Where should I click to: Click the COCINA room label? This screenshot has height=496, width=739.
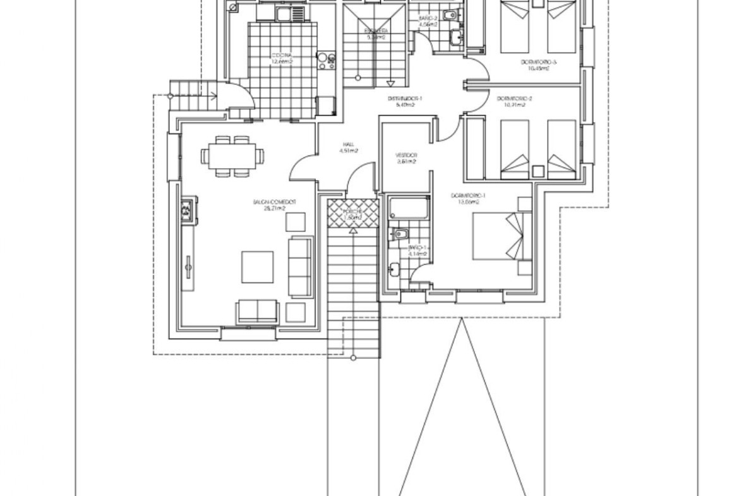coord(282,55)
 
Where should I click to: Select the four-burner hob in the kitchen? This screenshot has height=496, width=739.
coord(327,60)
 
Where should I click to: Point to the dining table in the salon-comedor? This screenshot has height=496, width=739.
coord(229,155)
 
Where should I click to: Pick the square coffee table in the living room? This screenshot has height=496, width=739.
coord(258,267)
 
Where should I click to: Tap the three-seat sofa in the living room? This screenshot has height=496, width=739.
coord(301,267)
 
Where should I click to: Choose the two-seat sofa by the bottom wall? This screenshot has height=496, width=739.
coord(257,312)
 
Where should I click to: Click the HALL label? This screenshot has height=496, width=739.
coord(348,144)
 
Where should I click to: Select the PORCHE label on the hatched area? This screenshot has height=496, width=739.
coord(352,211)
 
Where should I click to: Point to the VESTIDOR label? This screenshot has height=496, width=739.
coord(406,155)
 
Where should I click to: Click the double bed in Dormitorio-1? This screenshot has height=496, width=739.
coord(502,235)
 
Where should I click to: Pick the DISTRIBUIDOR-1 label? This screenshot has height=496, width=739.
coord(404,99)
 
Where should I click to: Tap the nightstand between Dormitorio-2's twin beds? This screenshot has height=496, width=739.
coord(538,171)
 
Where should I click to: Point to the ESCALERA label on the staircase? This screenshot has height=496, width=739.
coord(376,30)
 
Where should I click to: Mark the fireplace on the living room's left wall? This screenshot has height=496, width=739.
coord(187,211)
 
